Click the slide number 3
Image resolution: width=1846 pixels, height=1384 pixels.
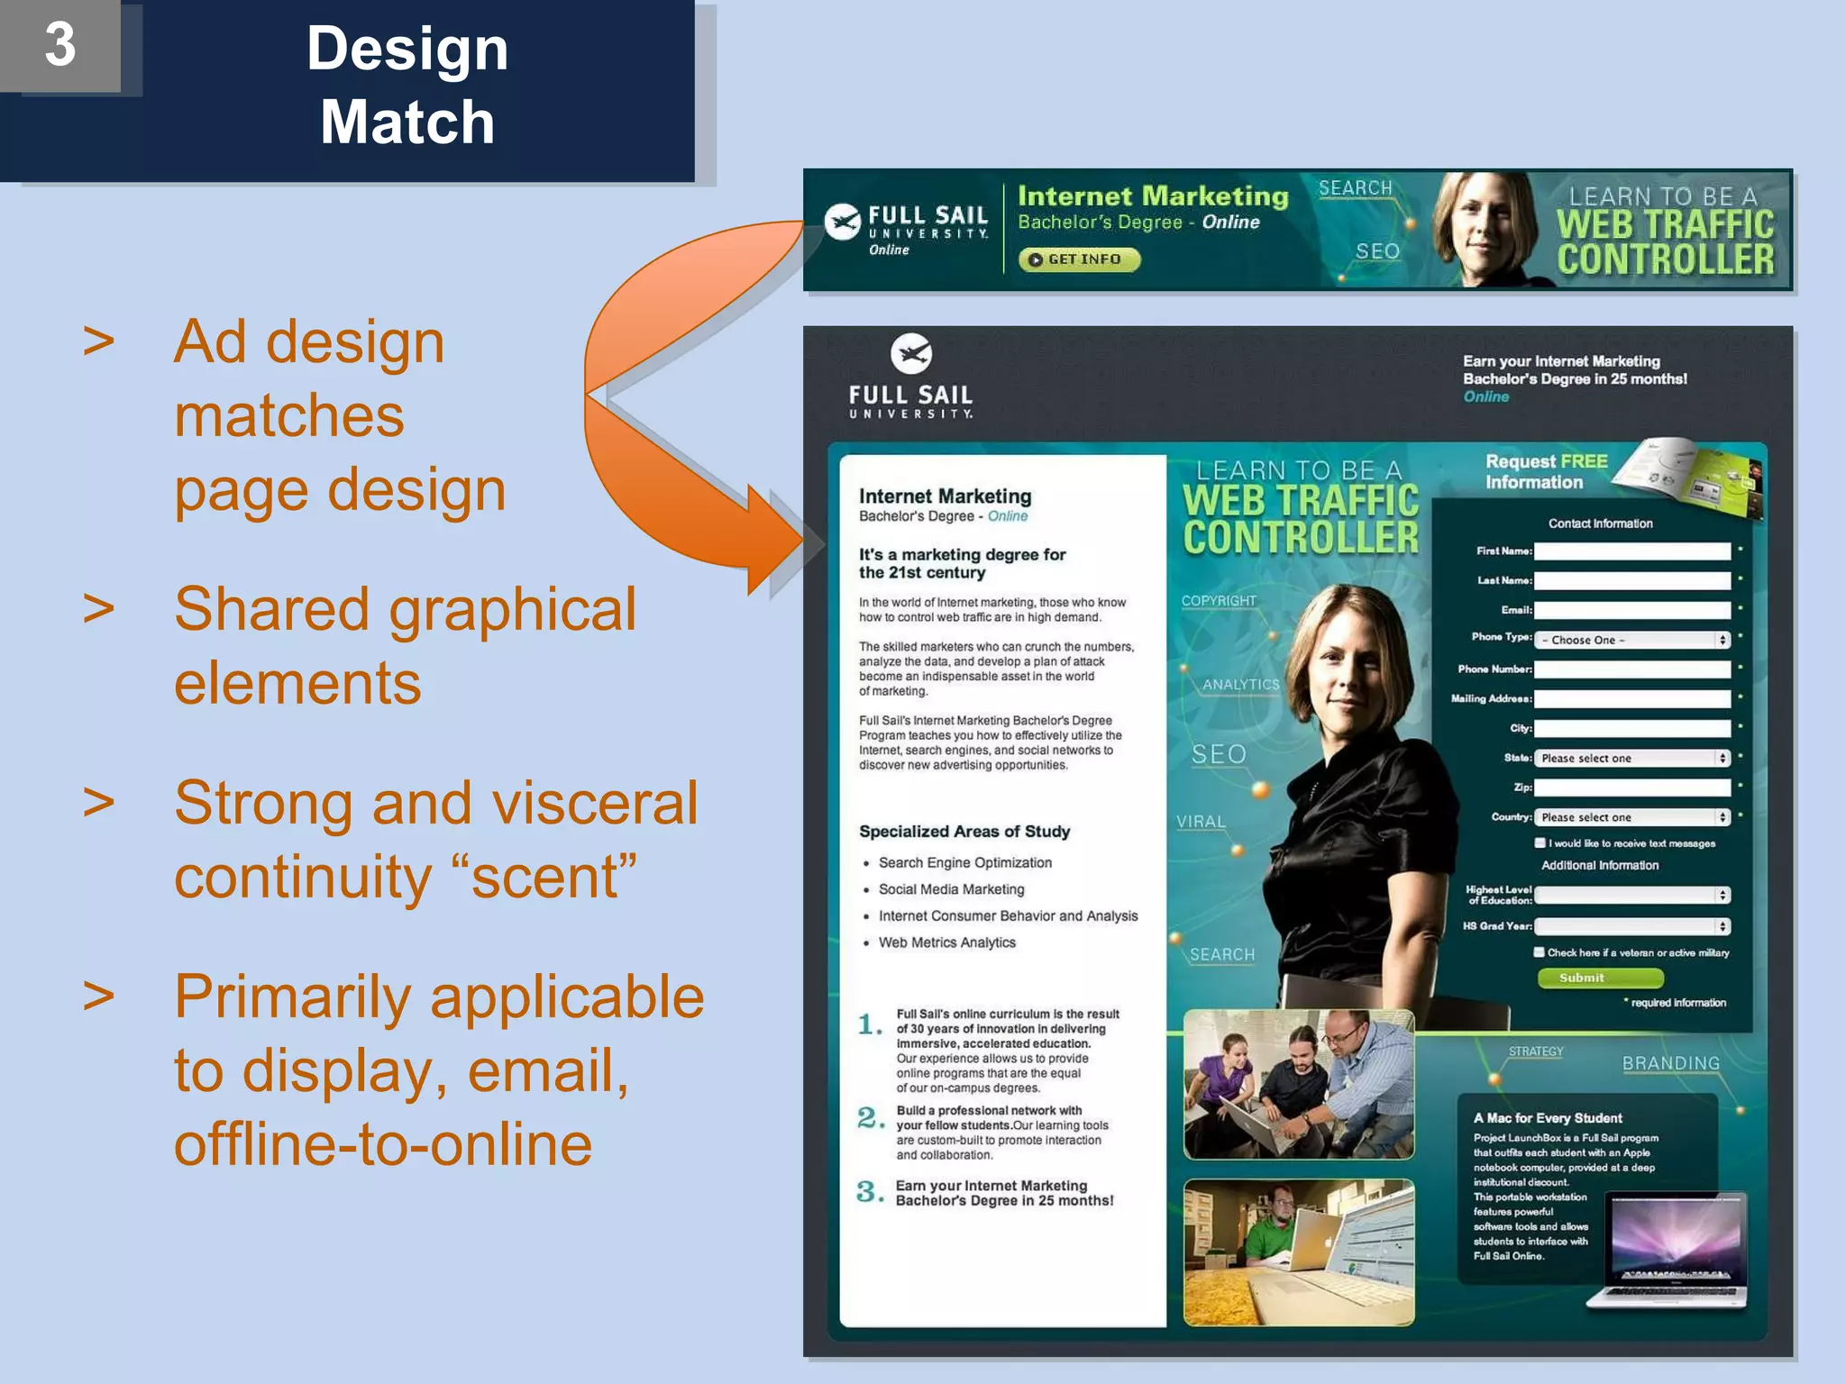point(59,44)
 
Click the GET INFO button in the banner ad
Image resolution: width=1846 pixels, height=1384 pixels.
point(1079,259)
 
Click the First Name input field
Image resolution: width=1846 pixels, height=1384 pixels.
point(1631,551)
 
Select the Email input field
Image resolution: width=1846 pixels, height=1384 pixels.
point(1631,610)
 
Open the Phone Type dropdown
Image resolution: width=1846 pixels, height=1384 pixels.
point(1631,640)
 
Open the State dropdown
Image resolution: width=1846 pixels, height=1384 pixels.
point(1631,758)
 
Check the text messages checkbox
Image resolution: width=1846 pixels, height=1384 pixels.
point(1540,843)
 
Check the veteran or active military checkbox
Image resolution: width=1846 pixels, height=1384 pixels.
point(1540,952)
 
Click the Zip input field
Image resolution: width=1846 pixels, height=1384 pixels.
point(1631,788)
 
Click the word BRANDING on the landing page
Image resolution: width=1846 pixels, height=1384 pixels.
point(1670,1063)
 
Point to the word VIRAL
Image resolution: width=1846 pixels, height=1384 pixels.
point(1201,822)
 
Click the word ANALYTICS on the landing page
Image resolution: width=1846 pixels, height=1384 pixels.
point(1240,685)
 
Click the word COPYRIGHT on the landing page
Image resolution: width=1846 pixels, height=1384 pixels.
point(1219,601)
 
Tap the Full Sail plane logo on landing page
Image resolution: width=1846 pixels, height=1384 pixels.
point(910,353)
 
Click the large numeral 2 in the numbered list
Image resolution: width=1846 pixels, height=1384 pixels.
point(869,1118)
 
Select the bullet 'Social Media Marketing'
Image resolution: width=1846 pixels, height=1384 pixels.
point(951,889)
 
